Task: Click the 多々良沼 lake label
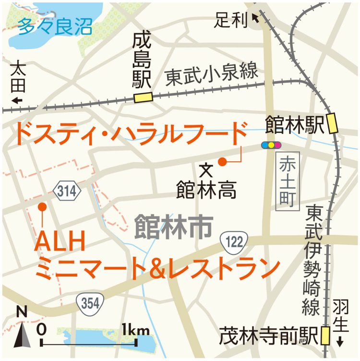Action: tap(54, 26)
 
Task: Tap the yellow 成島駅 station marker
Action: tap(143, 97)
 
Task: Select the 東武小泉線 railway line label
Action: tap(212, 75)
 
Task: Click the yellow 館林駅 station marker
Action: tap(332, 124)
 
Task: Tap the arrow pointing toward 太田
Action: tap(18, 100)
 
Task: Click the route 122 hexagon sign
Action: tap(235, 241)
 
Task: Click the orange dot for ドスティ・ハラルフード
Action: tap(222, 162)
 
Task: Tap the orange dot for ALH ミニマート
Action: tap(42, 206)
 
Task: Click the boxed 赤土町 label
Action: tap(288, 181)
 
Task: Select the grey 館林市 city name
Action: tap(173, 226)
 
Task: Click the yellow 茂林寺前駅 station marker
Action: tap(325, 336)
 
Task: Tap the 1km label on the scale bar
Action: tap(136, 330)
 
